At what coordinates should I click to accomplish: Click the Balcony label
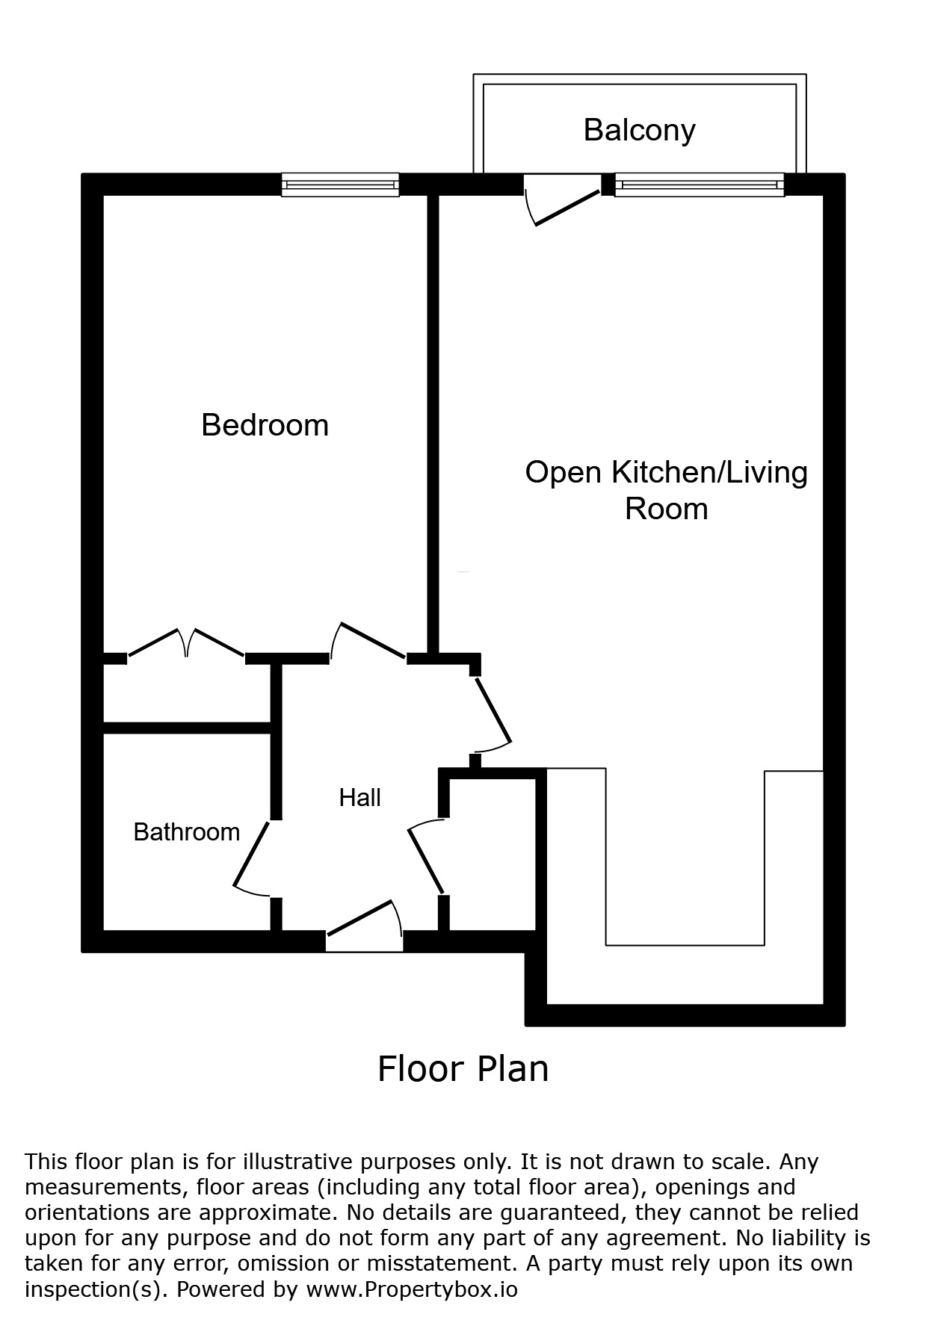(639, 130)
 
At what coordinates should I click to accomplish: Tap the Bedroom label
(265, 425)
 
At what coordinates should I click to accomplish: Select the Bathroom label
(186, 831)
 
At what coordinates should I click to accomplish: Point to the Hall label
(359, 797)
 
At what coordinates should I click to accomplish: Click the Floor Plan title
(463, 1068)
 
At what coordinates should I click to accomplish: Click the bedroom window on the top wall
(340, 185)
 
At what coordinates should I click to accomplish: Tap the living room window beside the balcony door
(700, 185)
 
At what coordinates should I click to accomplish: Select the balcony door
(562, 200)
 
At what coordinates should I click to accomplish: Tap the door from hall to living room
(492, 713)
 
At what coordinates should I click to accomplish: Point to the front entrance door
(365, 925)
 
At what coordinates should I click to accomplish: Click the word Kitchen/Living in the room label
(710, 473)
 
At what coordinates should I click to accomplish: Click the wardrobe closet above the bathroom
(187, 693)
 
